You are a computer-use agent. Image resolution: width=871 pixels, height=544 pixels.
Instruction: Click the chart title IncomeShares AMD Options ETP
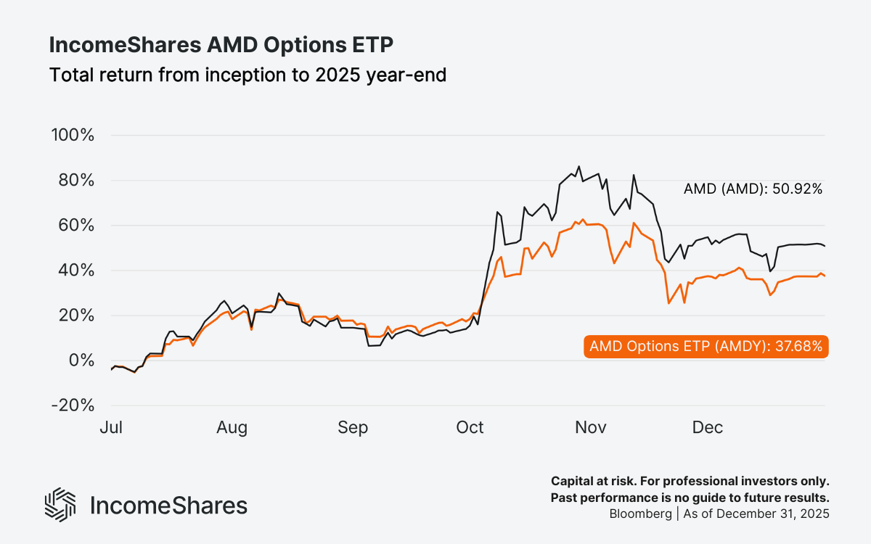point(221,45)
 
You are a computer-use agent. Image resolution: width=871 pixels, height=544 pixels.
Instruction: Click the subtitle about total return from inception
point(247,75)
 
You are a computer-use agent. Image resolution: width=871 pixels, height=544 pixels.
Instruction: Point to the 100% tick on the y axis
point(73,136)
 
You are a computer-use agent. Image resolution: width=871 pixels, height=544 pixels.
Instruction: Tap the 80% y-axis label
point(76,181)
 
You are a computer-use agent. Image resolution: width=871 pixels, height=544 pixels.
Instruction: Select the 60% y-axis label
point(76,226)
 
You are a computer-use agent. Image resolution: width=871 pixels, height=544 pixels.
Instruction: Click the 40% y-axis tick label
point(76,271)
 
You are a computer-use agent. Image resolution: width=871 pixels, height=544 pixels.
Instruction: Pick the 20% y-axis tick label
point(76,316)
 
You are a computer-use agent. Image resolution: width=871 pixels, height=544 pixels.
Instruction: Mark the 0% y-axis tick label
point(81,360)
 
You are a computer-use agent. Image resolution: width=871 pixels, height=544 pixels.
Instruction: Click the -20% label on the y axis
point(73,405)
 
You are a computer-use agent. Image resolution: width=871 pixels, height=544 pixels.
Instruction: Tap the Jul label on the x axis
point(111,428)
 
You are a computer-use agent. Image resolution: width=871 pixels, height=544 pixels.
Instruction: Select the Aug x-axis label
point(232,428)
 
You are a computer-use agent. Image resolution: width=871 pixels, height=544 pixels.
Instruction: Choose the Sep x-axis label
point(352,428)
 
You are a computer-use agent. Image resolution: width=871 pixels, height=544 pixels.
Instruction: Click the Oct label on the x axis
point(470,428)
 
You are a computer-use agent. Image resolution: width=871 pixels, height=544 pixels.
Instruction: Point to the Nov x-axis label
point(590,428)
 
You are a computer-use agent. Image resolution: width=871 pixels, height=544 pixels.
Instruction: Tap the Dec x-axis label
point(707,428)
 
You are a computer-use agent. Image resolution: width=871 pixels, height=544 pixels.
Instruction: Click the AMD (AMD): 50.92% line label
point(753,189)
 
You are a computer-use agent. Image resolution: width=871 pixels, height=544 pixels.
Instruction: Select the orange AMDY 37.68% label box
point(706,347)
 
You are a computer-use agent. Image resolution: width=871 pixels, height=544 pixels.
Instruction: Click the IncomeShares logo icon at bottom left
point(60,505)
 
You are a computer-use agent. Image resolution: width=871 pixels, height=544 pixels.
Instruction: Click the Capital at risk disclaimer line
point(690,482)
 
